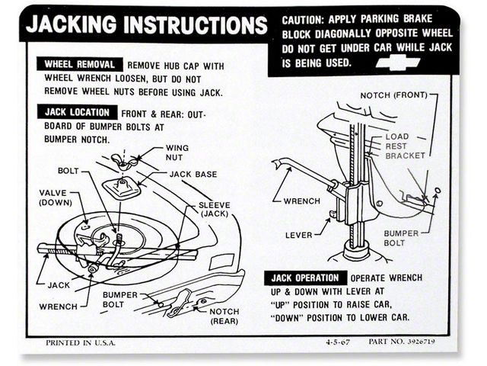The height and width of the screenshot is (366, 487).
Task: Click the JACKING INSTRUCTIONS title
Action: [147, 25]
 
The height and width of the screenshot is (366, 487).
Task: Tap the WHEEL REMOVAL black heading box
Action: [80, 65]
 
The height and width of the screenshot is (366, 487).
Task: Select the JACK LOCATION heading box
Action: [78, 112]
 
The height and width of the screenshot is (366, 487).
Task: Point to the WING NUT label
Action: [177, 152]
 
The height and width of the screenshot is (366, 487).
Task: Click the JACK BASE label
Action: [192, 175]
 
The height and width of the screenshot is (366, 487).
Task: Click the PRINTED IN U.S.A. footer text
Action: [81, 342]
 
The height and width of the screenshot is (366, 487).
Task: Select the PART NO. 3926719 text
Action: [405, 342]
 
